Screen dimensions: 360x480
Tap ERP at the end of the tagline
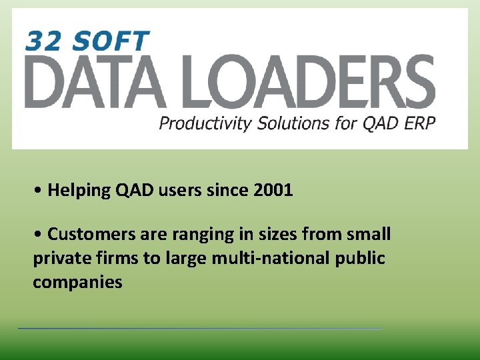click(x=419, y=123)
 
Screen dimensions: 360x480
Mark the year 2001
click(x=273, y=191)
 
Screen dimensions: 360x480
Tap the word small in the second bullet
click(x=369, y=235)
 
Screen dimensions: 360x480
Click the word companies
click(x=77, y=282)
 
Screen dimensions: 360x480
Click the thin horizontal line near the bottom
click(x=200, y=328)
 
